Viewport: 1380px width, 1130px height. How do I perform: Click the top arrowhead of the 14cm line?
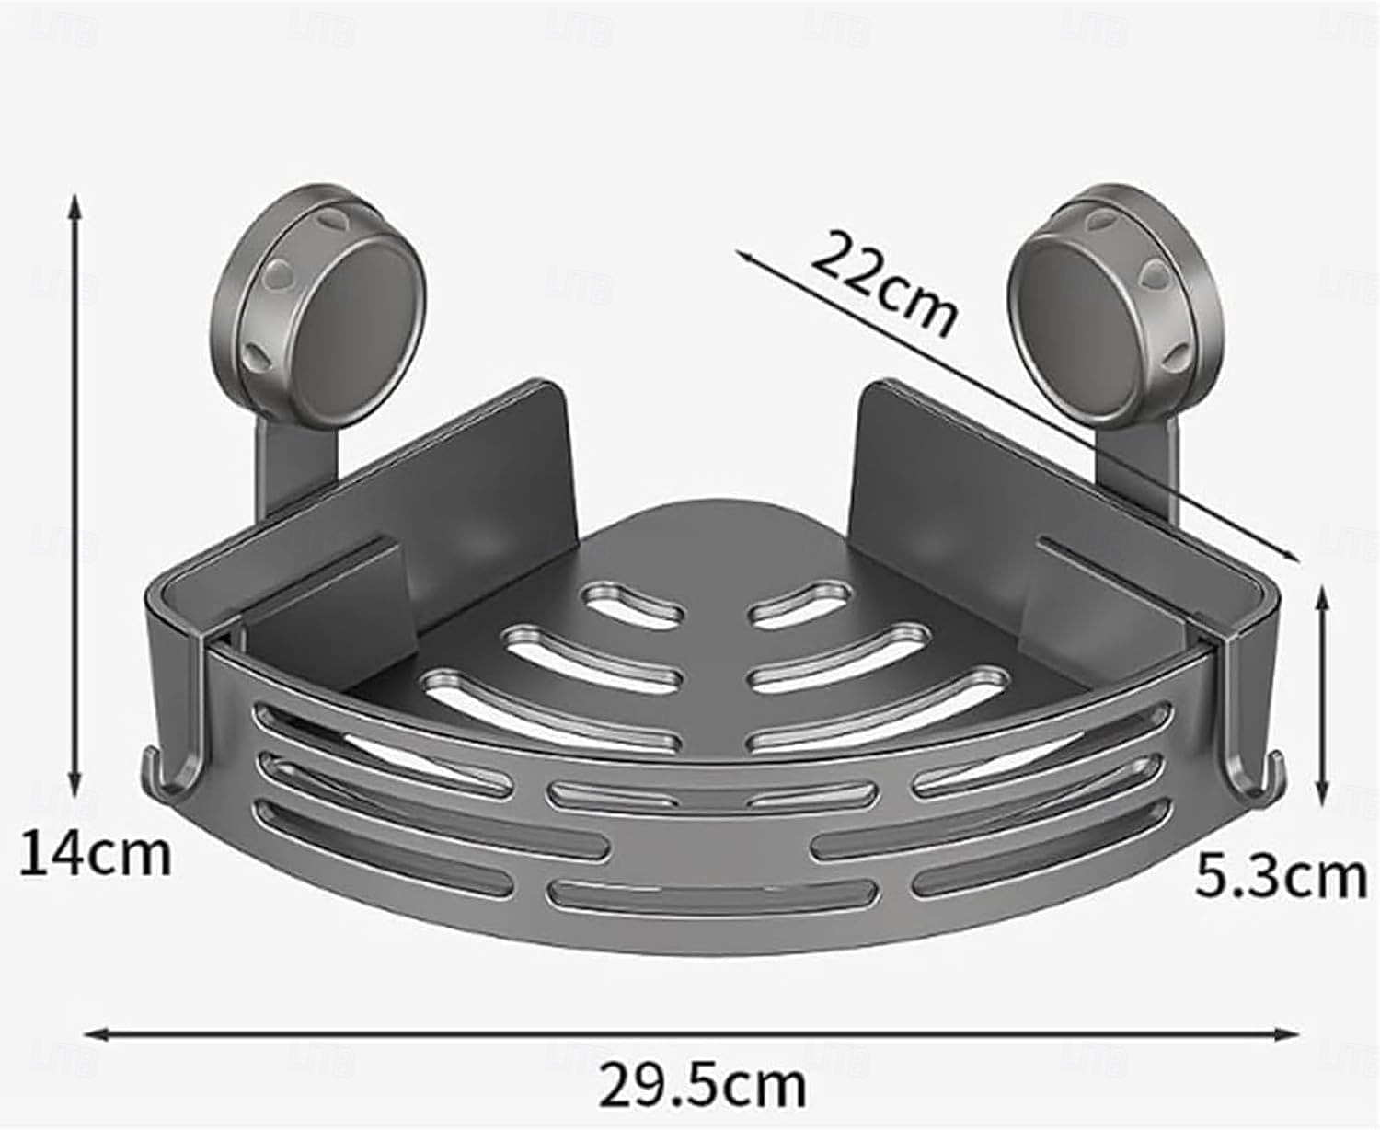coord(76,206)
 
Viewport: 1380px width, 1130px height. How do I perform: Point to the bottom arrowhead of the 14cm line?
coord(76,786)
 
